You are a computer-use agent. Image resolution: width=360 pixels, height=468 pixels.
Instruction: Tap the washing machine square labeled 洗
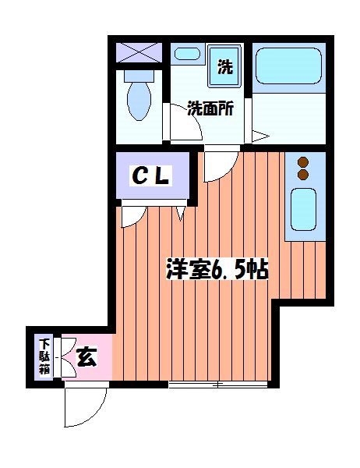(225, 67)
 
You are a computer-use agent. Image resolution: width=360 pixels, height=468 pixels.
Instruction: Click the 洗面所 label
(210, 109)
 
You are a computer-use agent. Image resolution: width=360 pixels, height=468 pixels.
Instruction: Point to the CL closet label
(150, 178)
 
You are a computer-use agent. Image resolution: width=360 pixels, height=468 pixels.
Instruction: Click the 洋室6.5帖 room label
(217, 270)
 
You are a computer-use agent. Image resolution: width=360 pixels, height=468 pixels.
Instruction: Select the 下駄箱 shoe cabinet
(44, 356)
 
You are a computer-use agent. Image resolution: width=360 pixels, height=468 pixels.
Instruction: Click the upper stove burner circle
(304, 163)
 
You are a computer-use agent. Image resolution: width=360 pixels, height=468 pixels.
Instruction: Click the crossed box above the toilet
(139, 54)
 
